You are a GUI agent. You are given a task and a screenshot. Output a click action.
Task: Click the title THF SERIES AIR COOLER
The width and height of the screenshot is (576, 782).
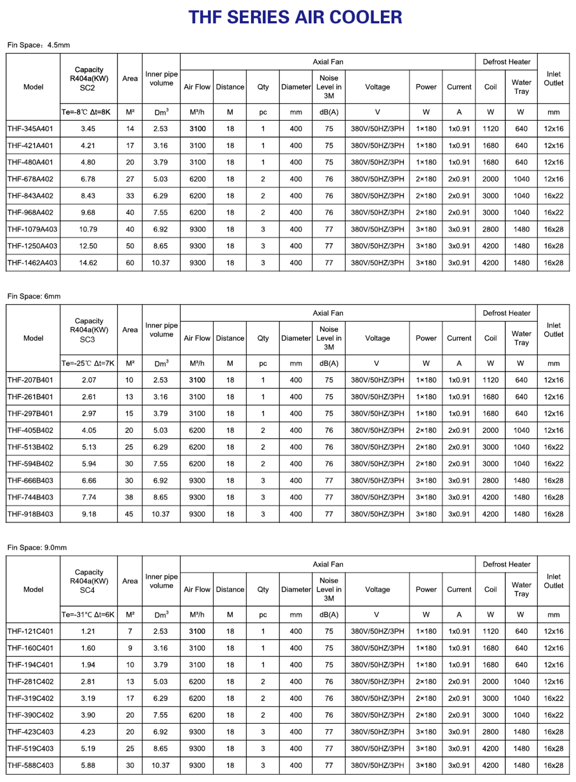click(295, 17)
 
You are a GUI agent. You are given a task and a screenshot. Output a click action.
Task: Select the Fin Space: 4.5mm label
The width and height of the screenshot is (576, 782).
click(39, 45)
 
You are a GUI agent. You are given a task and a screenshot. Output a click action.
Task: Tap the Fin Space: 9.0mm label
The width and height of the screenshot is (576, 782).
click(37, 548)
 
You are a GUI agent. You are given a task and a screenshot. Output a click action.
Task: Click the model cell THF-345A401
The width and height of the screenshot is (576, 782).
click(30, 129)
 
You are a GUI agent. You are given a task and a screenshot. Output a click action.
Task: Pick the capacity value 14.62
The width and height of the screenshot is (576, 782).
click(88, 263)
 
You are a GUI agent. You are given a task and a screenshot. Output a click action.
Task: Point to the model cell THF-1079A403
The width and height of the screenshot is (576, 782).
click(32, 229)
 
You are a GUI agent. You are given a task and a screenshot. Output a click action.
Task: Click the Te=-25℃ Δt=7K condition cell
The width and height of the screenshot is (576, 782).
click(88, 363)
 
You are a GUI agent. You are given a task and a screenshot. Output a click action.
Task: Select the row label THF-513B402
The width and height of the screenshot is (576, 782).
click(30, 447)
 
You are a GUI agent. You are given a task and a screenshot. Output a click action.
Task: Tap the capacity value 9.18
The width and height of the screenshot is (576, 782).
click(89, 514)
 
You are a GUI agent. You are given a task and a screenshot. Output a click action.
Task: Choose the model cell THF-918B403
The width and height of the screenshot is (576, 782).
click(30, 514)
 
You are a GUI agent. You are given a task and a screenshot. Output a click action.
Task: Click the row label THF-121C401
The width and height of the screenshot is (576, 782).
click(30, 631)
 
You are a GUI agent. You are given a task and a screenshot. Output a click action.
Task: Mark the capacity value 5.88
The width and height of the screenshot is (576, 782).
click(88, 765)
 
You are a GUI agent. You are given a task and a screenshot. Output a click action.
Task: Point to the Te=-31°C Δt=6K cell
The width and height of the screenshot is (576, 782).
click(88, 615)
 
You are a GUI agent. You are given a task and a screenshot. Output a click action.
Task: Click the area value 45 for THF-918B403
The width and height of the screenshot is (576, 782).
click(129, 514)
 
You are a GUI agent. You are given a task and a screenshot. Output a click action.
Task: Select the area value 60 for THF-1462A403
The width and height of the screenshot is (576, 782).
click(130, 263)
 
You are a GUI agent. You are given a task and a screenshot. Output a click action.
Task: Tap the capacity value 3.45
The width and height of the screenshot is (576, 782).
click(88, 129)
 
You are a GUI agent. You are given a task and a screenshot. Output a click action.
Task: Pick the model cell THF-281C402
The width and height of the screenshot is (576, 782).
click(30, 682)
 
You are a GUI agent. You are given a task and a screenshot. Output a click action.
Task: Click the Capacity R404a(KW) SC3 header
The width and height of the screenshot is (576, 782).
click(89, 330)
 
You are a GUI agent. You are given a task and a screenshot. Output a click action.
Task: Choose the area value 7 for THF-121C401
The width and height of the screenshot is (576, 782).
click(130, 631)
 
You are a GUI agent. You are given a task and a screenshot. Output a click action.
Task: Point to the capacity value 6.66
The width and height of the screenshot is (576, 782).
click(89, 480)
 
